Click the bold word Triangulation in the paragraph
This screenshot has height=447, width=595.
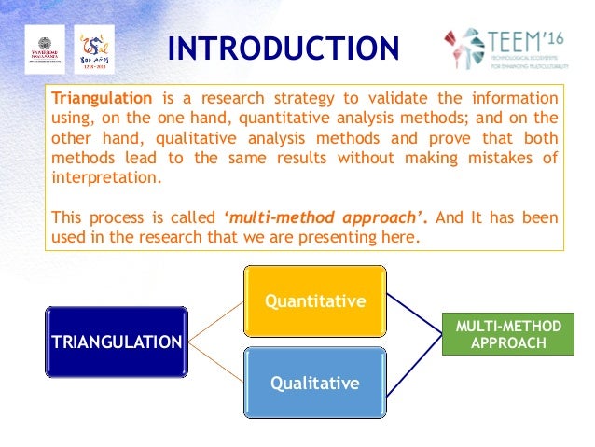click(101, 98)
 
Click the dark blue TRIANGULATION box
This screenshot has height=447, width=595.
click(115, 342)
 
